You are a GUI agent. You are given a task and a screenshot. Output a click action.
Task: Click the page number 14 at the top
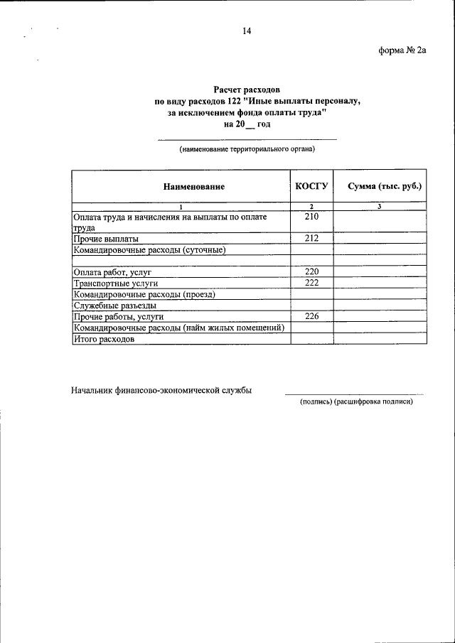[x=247, y=31]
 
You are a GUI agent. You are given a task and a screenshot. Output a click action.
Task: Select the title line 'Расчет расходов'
[x=247, y=90]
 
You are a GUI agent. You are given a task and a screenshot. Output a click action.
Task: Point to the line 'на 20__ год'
[x=247, y=124]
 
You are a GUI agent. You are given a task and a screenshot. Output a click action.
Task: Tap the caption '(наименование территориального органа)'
[x=247, y=150]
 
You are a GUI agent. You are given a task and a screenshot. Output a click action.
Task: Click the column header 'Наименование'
[x=193, y=187]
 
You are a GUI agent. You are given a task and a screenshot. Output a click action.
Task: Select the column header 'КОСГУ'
[x=311, y=186]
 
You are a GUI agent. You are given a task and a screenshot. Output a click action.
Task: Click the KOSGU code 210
[x=311, y=217]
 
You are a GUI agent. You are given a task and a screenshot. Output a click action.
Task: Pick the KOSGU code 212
[x=311, y=239]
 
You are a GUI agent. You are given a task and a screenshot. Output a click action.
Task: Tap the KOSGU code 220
[x=311, y=272]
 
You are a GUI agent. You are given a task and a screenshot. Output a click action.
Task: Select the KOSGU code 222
[x=311, y=283]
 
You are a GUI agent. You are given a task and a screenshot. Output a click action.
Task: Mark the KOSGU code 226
[x=311, y=316]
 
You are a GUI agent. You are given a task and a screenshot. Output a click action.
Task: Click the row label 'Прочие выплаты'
[x=106, y=239]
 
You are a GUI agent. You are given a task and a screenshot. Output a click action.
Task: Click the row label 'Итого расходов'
[x=104, y=339]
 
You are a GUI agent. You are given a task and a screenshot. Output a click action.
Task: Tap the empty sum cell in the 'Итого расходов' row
[x=380, y=339]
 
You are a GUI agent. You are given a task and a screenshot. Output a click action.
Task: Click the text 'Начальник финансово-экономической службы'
[x=161, y=390]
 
